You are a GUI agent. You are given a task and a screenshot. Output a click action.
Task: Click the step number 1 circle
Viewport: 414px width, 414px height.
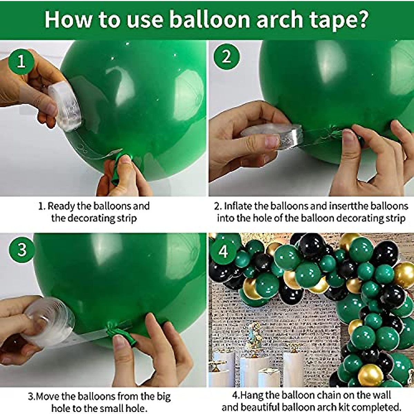click(21, 62)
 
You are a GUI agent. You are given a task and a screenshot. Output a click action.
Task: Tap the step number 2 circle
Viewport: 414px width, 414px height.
click(226, 57)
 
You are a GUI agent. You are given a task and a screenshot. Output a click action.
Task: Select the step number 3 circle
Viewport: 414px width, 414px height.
click(22, 250)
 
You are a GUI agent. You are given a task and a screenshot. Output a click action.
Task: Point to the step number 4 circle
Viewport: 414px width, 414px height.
click(223, 252)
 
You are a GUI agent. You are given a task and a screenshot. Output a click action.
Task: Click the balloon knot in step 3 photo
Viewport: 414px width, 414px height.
click(120, 333)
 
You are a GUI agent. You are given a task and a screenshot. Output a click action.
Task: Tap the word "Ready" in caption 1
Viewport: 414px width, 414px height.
click(61, 206)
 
